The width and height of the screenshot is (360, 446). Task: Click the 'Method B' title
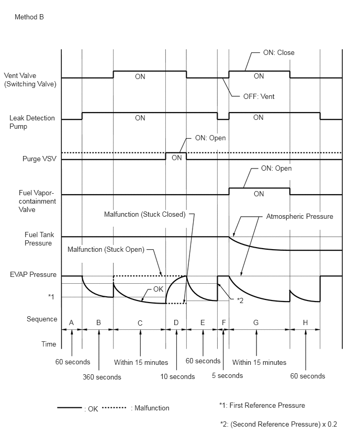tap(29, 17)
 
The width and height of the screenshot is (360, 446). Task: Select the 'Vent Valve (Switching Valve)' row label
tap(30, 80)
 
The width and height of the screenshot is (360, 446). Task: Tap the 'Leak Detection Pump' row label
tap(32, 122)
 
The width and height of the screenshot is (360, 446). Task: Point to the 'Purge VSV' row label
tap(39, 159)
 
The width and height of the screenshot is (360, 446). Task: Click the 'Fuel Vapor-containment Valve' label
tap(37, 201)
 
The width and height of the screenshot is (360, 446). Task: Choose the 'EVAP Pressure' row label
tap(33, 274)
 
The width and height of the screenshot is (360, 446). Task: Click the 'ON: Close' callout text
tap(279, 53)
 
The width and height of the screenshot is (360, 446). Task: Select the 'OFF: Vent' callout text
tap(259, 96)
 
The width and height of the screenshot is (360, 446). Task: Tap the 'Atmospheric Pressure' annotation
tap(299, 217)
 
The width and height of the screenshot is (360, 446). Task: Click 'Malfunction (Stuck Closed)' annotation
tap(145, 214)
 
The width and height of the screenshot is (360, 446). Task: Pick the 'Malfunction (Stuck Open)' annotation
tap(106, 250)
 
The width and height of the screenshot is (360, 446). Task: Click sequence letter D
tap(176, 322)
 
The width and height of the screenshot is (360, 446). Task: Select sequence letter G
tap(256, 322)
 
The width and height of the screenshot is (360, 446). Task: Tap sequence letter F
tap(224, 322)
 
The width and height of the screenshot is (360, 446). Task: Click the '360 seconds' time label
tap(102, 377)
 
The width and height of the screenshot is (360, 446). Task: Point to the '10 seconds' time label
tap(177, 376)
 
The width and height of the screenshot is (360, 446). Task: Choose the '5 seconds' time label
tap(227, 375)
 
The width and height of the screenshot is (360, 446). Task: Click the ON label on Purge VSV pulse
tap(176, 158)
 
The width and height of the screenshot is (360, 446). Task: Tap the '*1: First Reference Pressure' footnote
tap(262, 405)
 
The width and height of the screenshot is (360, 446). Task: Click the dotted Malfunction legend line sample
tap(114, 408)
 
